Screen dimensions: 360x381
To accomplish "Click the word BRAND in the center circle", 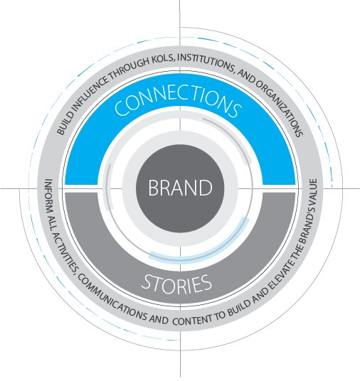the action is [180, 188].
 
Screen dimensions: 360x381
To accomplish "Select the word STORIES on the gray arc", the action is [176, 284].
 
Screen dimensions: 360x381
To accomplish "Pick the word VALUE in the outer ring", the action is [312, 190].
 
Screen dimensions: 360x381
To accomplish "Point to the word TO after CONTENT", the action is [219, 316].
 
